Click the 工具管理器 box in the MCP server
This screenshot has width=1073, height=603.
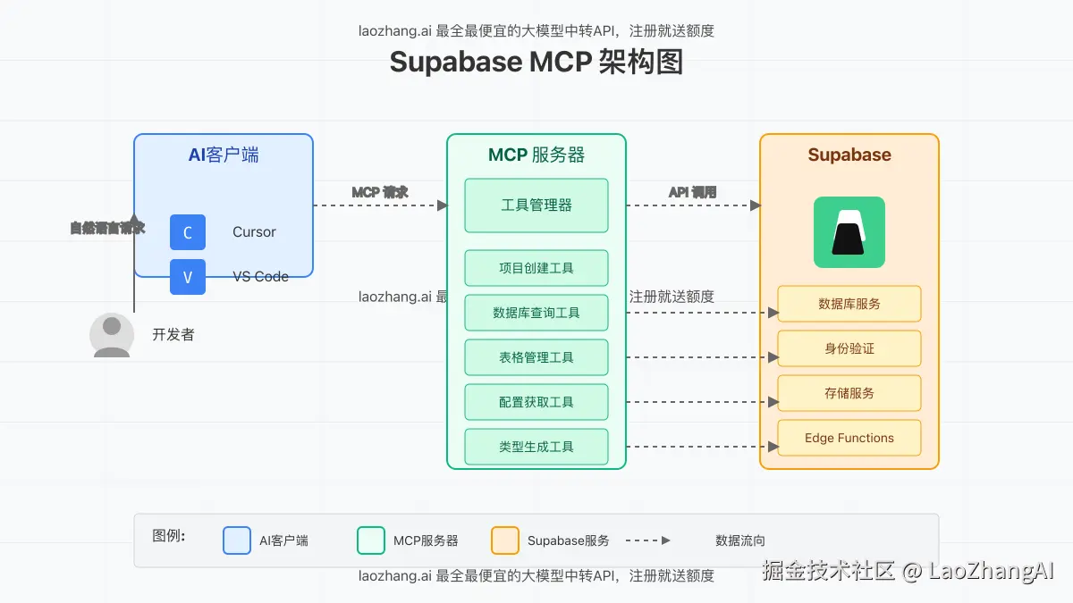click(536, 205)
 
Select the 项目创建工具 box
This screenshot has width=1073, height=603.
click(536, 268)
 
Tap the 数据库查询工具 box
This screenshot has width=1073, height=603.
click(536, 313)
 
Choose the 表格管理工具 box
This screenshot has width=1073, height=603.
click(536, 357)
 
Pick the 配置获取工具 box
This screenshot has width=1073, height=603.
click(536, 402)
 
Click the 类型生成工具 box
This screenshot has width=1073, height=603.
click(536, 447)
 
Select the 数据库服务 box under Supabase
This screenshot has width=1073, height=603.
click(849, 304)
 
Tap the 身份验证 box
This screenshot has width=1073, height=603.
click(849, 348)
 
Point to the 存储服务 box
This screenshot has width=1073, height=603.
click(849, 393)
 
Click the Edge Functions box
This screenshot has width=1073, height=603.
click(849, 438)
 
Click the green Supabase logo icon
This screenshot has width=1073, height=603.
click(849, 232)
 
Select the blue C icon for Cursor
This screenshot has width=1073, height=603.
click(188, 232)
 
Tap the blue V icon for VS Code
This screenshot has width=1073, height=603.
click(188, 277)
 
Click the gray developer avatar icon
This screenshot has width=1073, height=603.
click(112, 335)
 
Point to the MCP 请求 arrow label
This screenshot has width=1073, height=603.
click(380, 192)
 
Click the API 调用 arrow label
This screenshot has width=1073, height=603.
click(693, 192)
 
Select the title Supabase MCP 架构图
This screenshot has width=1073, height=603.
click(536, 63)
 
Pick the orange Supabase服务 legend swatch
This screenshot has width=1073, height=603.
click(505, 540)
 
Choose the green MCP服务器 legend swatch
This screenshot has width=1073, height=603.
click(371, 540)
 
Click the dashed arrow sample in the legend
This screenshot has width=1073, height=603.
click(647, 540)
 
